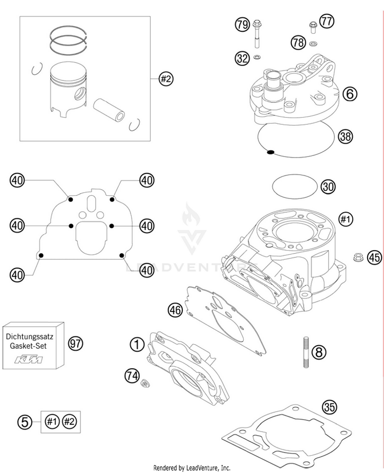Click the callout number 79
click(242, 24)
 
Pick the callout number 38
click(345, 136)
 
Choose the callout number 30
click(328, 187)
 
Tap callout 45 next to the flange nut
click(374, 258)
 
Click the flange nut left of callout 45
click(358, 256)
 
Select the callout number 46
click(176, 309)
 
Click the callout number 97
click(76, 344)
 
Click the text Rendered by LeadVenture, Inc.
click(192, 468)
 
